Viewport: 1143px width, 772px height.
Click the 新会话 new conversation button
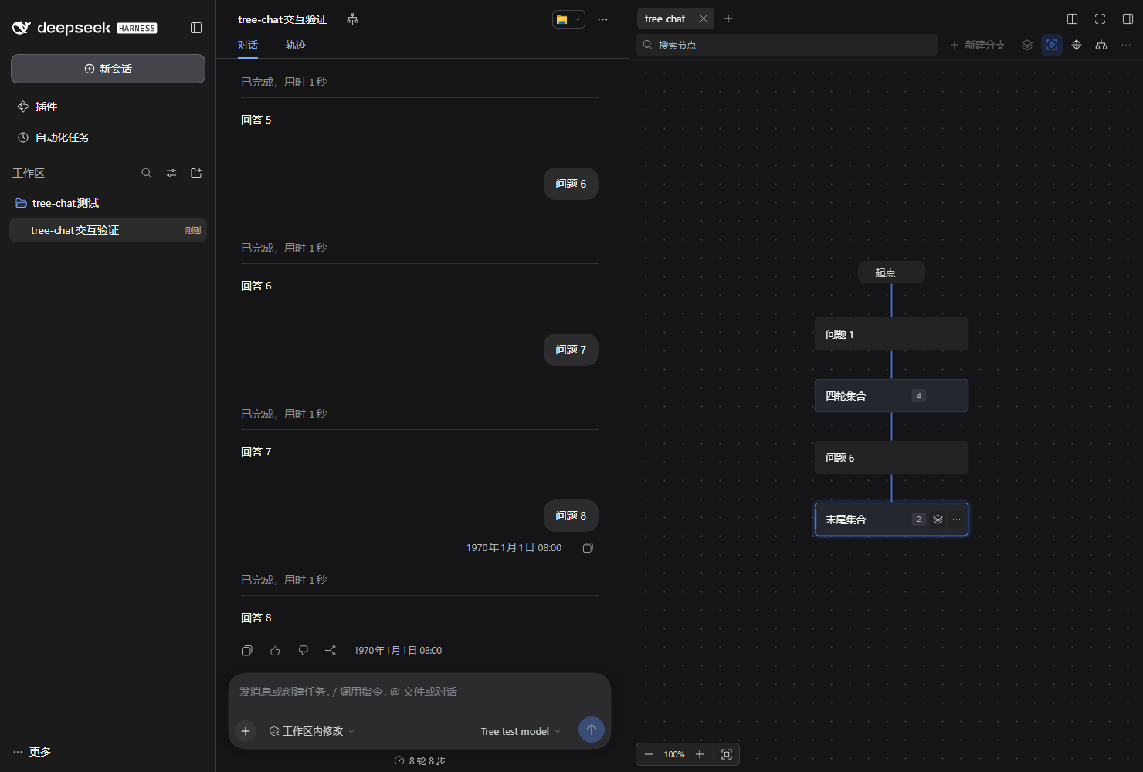[x=107, y=69]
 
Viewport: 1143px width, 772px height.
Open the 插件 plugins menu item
[x=37, y=107]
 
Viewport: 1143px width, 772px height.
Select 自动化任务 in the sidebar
[x=53, y=137]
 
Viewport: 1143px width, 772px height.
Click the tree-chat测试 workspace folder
[x=57, y=204]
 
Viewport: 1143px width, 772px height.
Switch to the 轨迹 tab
[x=296, y=46]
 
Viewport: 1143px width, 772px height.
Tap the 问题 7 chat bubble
[x=571, y=350]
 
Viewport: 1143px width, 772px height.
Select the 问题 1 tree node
[x=891, y=334]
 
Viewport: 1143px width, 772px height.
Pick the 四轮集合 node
[x=891, y=396]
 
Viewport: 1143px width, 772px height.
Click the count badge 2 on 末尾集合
[x=918, y=519]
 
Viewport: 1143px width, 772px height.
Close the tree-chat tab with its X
[x=703, y=19]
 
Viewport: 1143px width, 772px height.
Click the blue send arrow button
[x=591, y=730]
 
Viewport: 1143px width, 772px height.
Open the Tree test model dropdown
[x=521, y=731]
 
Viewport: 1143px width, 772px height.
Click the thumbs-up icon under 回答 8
[x=275, y=651]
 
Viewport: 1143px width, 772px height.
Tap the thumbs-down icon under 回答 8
[x=303, y=651]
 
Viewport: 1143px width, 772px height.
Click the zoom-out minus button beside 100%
[x=649, y=754]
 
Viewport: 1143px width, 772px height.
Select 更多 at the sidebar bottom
[x=32, y=752]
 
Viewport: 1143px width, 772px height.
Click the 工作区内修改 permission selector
[x=311, y=731]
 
